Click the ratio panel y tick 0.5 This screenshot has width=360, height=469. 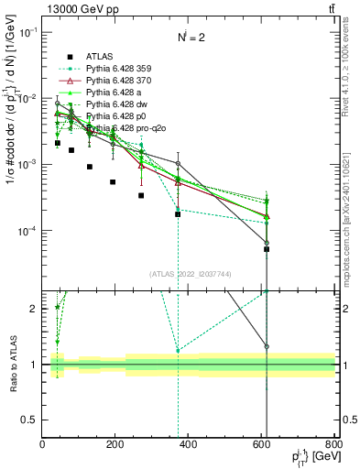tap(30, 420)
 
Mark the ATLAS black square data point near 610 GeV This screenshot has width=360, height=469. tap(267, 249)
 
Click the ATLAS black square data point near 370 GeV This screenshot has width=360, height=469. tap(178, 214)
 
